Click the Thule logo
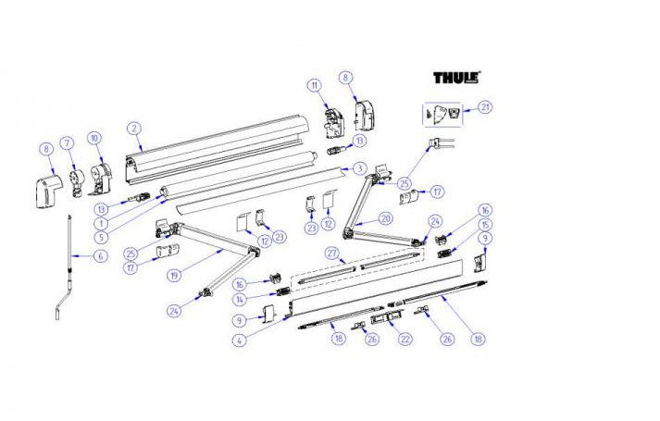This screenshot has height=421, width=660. point(457,79)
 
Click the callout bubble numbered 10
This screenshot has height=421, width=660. point(93,139)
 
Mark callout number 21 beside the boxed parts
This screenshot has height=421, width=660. point(485,107)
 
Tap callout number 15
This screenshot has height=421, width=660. point(485,226)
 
